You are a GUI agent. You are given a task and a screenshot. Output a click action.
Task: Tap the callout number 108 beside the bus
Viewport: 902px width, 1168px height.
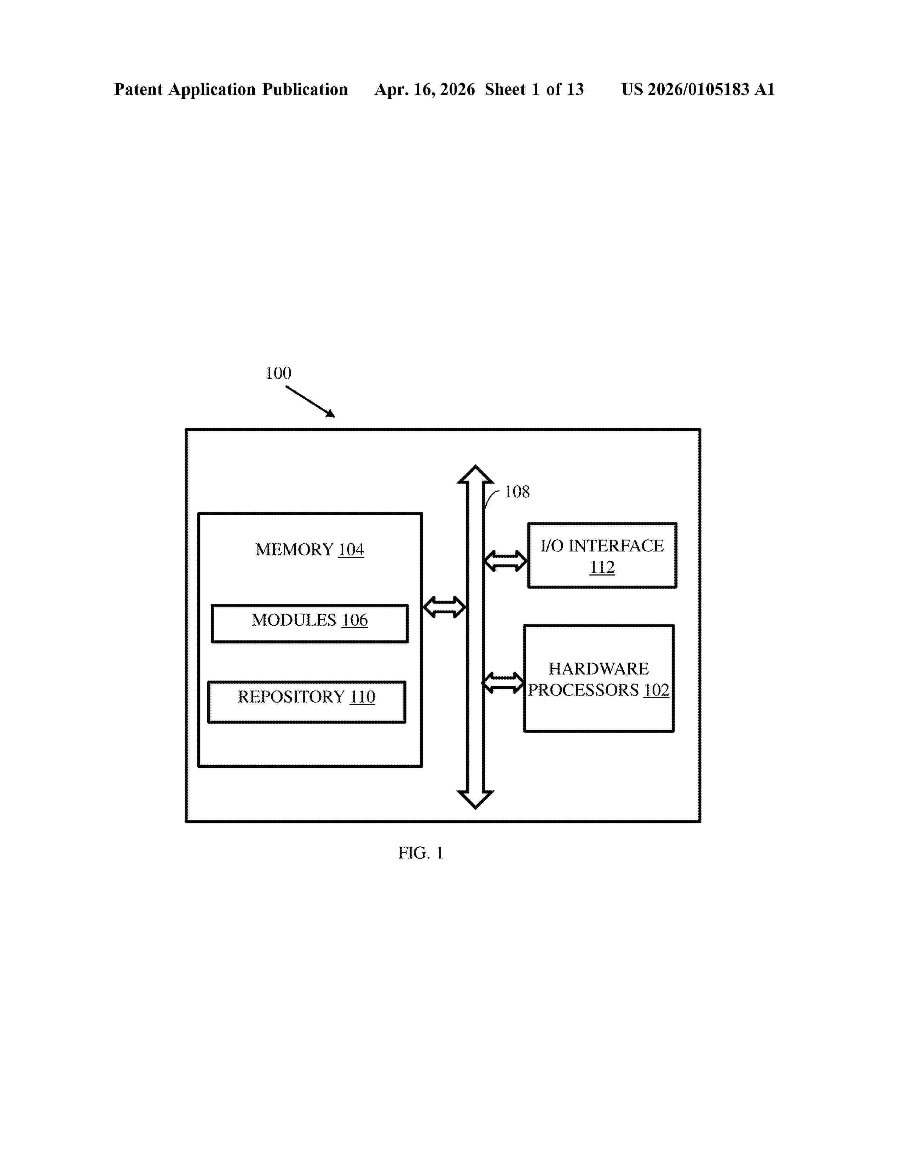pyautogui.click(x=517, y=492)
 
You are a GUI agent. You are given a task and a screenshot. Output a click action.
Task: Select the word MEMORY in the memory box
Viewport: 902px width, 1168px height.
pyautogui.click(x=294, y=549)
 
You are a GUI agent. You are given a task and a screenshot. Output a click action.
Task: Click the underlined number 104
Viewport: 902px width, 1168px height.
pyautogui.click(x=351, y=549)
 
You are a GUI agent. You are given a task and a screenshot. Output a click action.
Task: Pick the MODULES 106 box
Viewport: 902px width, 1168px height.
pyautogui.click(x=310, y=624)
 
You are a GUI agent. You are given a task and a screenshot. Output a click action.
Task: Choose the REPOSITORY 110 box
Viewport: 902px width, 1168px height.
pyautogui.click(x=307, y=702)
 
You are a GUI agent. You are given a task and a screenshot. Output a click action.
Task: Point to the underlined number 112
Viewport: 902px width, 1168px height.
pyautogui.click(x=602, y=567)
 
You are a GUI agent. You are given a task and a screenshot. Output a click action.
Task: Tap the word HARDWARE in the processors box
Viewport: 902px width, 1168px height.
pyautogui.click(x=599, y=669)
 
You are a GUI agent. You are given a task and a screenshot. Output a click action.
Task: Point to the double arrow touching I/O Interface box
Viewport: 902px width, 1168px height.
pyautogui.click(x=505, y=561)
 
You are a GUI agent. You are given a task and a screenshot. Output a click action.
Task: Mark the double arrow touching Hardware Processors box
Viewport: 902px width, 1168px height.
pyautogui.click(x=503, y=683)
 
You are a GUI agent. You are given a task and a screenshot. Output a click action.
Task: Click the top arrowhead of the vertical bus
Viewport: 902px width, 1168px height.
pyautogui.click(x=475, y=474)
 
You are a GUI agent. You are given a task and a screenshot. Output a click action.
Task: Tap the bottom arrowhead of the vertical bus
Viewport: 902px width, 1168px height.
pyautogui.click(x=475, y=800)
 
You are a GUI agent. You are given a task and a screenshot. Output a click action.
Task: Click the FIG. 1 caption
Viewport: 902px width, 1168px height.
pyautogui.click(x=421, y=853)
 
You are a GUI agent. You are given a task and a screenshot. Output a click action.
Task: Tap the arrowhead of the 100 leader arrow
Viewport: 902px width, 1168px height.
pyautogui.click(x=331, y=414)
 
